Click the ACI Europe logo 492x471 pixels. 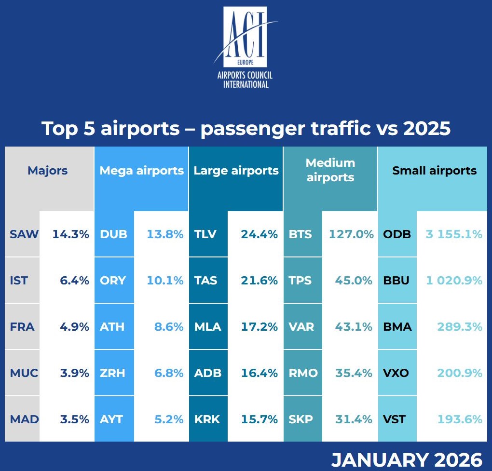(x=246, y=47)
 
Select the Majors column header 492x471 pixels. (x=47, y=171)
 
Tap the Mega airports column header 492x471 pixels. (x=141, y=171)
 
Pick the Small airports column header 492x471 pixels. (x=434, y=171)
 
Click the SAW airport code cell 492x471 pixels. (x=24, y=234)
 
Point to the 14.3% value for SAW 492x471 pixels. (x=71, y=234)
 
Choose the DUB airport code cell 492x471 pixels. (x=113, y=234)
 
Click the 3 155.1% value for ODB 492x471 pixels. (x=454, y=234)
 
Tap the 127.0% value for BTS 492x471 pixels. (x=351, y=234)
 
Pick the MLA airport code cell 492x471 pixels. (x=207, y=327)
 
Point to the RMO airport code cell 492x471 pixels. (x=303, y=373)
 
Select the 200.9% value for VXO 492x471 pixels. (x=460, y=373)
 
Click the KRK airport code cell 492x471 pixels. (x=206, y=419)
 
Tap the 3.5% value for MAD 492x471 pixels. (x=75, y=419)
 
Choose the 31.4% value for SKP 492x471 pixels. (x=354, y=419)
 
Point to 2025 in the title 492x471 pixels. (x=422, y=129)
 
